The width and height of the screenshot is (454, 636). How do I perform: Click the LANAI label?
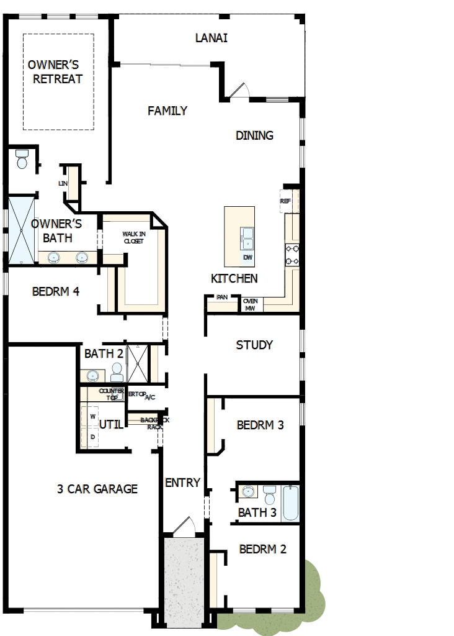coord(211,38)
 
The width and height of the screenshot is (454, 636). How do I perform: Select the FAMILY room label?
coord(167,111)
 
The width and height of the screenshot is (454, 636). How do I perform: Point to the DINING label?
coord(254,135)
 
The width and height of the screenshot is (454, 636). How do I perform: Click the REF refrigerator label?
coord(285,201)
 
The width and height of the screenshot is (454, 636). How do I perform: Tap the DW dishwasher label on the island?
coord(247,257)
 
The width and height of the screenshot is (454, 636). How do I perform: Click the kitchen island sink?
coord(247,234)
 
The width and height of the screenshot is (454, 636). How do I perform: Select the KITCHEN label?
coord(234,279)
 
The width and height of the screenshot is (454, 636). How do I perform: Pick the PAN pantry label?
coord(222,298)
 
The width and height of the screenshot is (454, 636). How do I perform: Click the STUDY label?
coord(254,345)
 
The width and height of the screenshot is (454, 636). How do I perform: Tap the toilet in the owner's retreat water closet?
coord(22,160)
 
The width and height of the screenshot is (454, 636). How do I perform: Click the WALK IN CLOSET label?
coord(133,237)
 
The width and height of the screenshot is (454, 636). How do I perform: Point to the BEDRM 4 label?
coord(56,291)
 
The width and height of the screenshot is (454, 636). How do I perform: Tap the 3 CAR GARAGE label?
coord(97,489)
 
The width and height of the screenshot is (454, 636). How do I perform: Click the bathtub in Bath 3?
coord(290,502)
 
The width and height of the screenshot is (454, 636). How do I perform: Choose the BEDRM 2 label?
coord(262,549)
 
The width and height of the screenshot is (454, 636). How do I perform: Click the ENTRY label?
coord(183,483)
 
